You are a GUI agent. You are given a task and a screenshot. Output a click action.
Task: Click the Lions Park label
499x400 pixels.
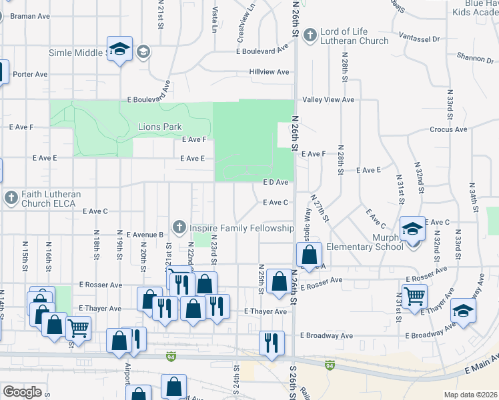pyautogui.click(x=159, y=127)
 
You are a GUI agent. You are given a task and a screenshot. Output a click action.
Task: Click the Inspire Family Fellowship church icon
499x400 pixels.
pyautogui.click(x=179, y=228)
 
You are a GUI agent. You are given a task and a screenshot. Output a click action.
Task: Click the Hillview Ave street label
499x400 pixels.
pyautogui.click(x=269, y=71)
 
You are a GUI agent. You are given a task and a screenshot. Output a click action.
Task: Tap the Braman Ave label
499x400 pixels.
pyautogui.click(x=31, y=15)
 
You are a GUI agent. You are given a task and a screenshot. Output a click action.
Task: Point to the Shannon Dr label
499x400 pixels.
pyautogui.click(x=475, y=59)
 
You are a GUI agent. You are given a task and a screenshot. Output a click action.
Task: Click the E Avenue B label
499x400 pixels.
pyautogui.click(x=143, y=235)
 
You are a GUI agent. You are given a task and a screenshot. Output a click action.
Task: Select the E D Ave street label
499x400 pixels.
pyautogui.click(x=276, y=182)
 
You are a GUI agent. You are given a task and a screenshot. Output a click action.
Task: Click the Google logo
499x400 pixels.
pyautogui.click(x=22, y=392)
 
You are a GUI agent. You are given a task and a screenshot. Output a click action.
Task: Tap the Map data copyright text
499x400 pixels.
pyautogui.click(x=471, y=395)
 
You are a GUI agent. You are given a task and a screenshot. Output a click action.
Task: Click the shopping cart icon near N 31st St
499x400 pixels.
pyautogui.click(x=415, y=295)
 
